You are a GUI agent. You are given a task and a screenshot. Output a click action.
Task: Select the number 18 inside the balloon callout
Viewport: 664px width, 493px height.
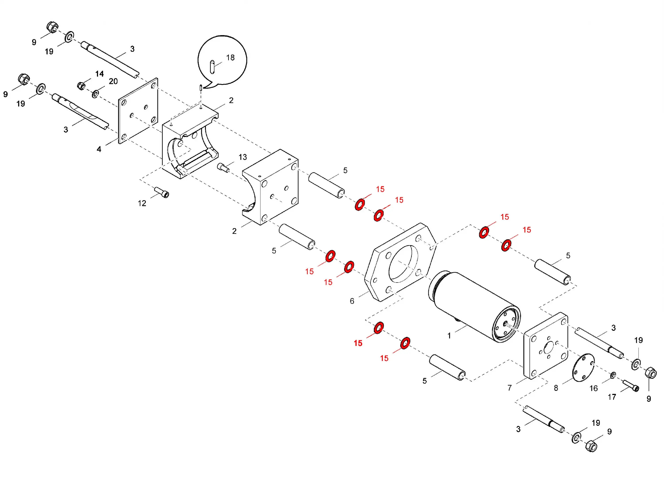(x=230, y=58)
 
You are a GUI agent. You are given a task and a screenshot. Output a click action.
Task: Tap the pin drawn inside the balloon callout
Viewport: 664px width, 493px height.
(x=212, y=67)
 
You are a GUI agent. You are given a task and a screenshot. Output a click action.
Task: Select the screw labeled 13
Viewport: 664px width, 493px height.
(x=223, y=167)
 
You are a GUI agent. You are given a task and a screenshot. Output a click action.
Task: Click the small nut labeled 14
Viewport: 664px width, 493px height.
(x=81, y=86)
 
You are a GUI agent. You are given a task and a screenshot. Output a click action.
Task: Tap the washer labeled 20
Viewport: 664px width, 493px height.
(x=95, y=94)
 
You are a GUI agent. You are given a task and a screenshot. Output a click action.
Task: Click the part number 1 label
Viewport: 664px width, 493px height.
(x=449, y=336)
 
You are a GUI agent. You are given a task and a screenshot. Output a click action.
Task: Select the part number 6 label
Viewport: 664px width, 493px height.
(x=352, y=301)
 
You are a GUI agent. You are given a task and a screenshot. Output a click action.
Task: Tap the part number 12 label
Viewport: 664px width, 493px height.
(x=142, y=203)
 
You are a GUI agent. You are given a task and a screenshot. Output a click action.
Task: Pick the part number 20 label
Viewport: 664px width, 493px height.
(x=113, y=81)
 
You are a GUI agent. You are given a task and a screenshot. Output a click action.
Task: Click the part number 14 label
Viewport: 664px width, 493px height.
(x=99, y=74)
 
